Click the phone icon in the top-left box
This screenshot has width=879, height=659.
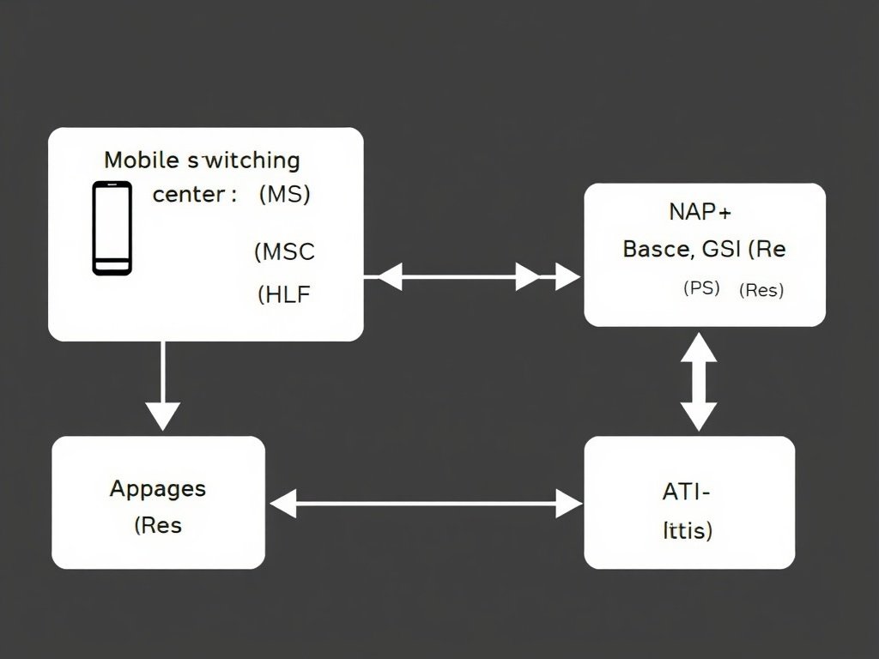(x=112, y=228)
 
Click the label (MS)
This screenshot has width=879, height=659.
(x=284, y=195)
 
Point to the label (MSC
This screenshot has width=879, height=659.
(x=284, y=252)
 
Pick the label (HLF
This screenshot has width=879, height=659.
(x=284, y=295)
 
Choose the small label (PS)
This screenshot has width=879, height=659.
(x=701, y=288)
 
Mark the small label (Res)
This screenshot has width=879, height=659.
(x=761, y=290)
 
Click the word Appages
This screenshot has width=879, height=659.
(x=158, y=489)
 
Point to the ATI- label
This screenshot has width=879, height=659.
(x=687, y=493)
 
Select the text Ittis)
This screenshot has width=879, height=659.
(x=688, y=531)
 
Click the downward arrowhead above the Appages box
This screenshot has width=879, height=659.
(x=162, y=415)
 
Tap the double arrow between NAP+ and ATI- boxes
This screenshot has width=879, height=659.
(x=700, y=382)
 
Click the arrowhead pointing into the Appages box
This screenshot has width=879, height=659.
(x=283, y=504)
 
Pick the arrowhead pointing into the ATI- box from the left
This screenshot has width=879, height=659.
(x=568, y=504)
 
